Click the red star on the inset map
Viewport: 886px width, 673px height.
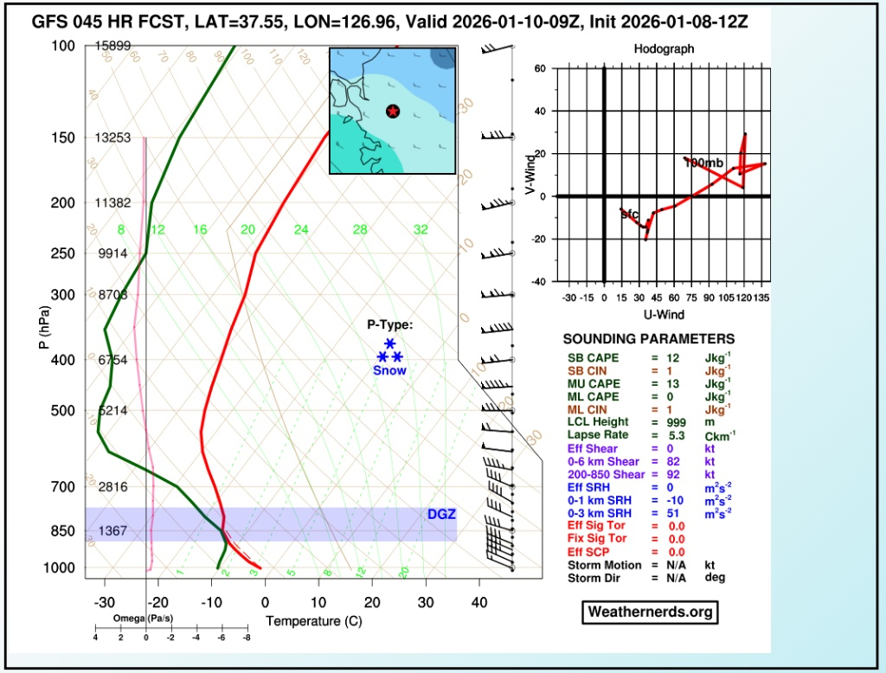tap(393, 111)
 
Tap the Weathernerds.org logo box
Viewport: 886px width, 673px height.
tap(650, 612)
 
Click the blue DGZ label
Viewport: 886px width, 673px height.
tap(441, 515)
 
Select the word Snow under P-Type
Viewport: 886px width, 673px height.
tap(389, 370)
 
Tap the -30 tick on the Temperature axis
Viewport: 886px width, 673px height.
tap(104, 602)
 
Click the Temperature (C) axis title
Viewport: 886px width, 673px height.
tap(313, 621)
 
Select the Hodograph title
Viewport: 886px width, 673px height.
tap(664, 49)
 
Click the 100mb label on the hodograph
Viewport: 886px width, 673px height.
tap(703, 163)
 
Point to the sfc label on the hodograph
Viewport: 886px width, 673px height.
tap(630, 214)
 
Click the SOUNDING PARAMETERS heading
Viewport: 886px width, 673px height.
tap(649, 339)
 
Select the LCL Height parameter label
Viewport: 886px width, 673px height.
tap(597, 422)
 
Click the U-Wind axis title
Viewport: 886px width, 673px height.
tap(664, 314)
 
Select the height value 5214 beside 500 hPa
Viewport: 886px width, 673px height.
tap(113, 411)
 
